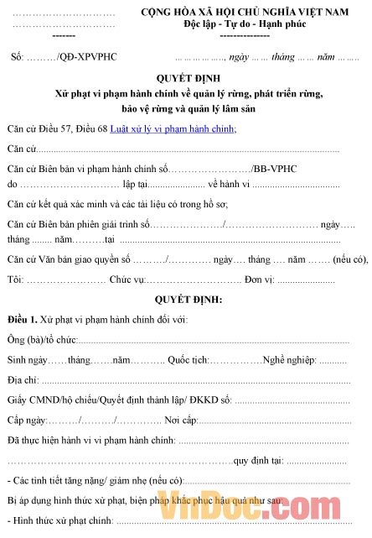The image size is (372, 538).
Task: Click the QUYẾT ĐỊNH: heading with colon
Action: tap(185, 299)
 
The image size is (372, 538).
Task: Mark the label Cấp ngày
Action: tap(28, 420)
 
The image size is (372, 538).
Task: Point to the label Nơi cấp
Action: tap(179, 420)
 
